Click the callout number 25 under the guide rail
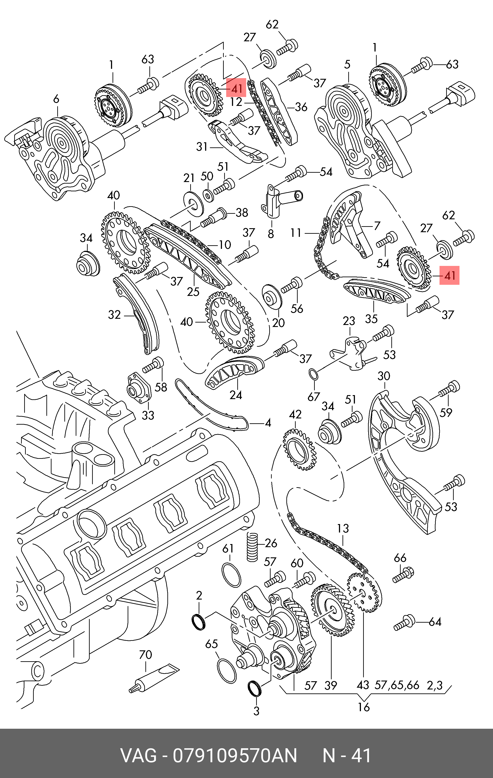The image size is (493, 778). pos(193,291)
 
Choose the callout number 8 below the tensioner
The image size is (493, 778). pos(271,233)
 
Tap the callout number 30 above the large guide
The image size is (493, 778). pos(384,376)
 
